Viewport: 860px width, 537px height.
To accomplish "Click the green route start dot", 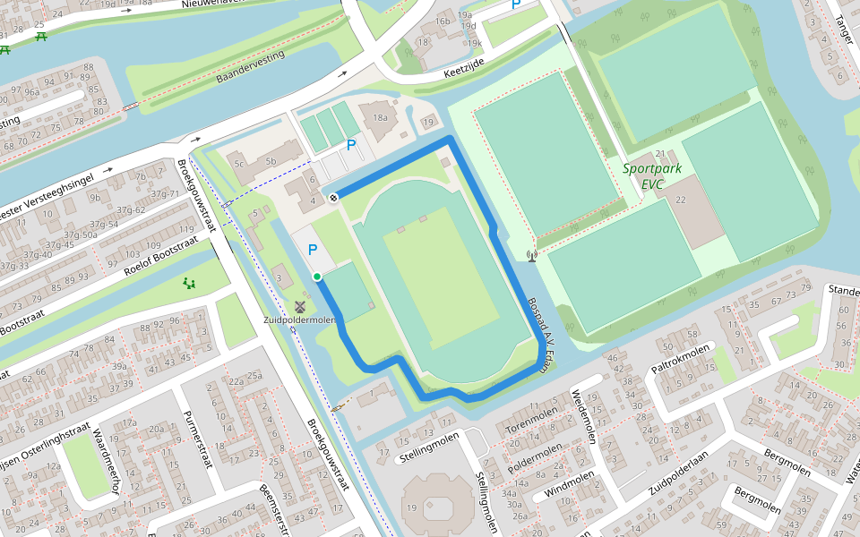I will click(x=317, y=277).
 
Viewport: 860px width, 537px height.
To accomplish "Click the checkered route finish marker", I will click(x=333, y=197).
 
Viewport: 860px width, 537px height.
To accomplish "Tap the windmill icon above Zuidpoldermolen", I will click(x=300, y=306).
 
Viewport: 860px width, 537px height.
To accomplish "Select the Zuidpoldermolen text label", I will click(x=299, y=320).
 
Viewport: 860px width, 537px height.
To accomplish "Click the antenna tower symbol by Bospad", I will click(x=532, y=256).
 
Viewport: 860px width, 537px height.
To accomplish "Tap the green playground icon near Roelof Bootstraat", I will click(x=190, y=284).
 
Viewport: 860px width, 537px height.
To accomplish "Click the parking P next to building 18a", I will click(x=351, y=144).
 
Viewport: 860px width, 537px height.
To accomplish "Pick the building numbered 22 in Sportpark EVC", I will click(x=681, y=200).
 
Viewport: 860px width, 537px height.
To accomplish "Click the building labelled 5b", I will click(x=270, y=162).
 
